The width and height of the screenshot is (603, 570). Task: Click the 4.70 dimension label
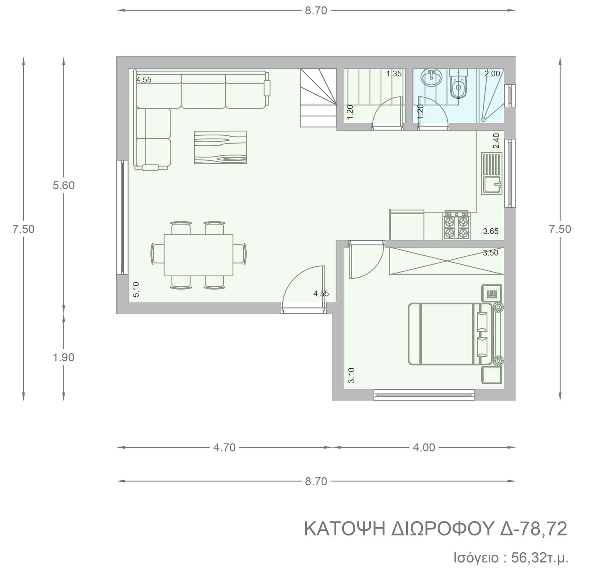[224, 448]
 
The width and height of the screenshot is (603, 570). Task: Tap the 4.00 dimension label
[424, 448]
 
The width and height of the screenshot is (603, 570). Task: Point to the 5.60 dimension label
[64, 186]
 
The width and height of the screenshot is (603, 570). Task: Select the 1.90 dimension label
[64, 357]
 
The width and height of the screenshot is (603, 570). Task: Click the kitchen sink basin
[492, 185]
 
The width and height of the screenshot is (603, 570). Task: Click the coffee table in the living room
[220, 147]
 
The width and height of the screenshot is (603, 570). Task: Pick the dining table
[198, 255]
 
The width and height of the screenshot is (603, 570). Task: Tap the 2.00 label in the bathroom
[492, 74]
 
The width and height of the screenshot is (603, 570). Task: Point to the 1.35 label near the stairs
[394, 74]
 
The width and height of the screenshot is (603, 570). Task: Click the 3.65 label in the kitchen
[491, 231]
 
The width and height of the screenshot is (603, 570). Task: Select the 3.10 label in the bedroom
[351, 375]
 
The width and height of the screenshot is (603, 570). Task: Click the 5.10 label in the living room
[136, 290]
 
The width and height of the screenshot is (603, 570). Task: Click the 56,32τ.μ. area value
[540, 558]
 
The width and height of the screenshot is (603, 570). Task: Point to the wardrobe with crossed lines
[447, 261]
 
